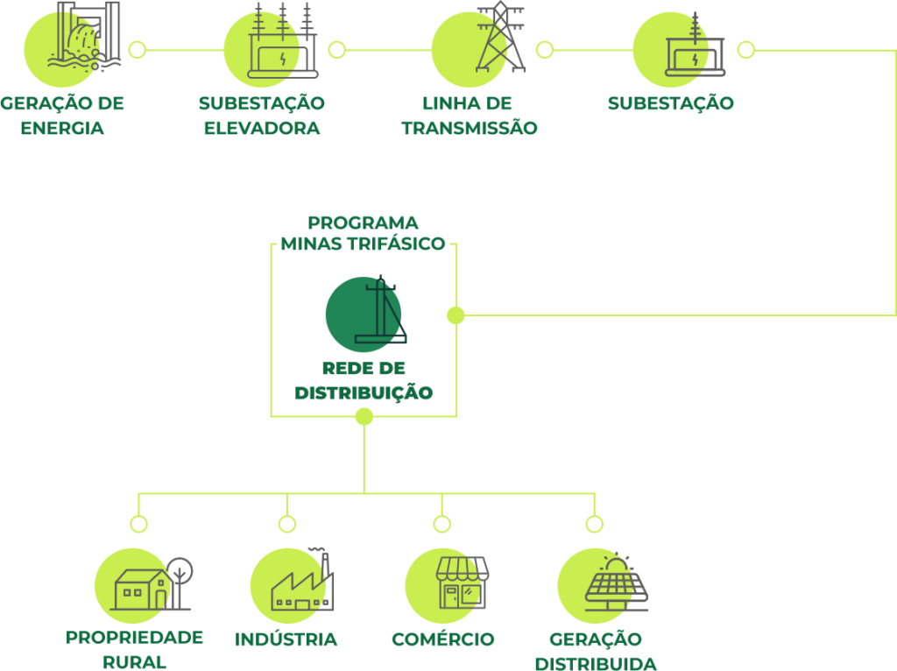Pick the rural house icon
[143, 588]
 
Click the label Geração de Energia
[62, 116]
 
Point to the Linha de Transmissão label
[469, 116]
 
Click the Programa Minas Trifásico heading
[363, 233]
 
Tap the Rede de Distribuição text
[364, 380]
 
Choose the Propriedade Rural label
[134, 648]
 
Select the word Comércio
[443, 639]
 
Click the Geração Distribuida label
[596, 651]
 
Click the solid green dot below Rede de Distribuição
[364, 417]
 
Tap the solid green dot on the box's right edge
[456, 314]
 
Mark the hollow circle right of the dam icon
[137, 50]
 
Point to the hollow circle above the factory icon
[287, 524]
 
